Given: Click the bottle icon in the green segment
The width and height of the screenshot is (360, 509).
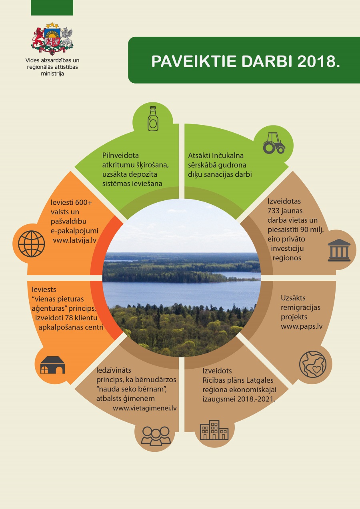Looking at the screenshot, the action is click(153, 119).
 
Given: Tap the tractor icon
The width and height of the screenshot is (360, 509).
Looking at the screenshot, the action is click(274, 143).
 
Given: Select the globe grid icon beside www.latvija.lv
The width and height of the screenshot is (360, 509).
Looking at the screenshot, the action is click(31, 244).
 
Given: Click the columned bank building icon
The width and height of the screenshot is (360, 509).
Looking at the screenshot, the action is click(339, 250).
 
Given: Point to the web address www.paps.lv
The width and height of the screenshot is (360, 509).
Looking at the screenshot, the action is click(302, 326).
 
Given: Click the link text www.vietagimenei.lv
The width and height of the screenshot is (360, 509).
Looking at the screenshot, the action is click(145, 408).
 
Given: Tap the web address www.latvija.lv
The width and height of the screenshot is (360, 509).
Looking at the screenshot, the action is click(75, 240).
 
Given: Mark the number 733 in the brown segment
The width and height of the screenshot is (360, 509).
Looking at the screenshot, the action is click(274, 211).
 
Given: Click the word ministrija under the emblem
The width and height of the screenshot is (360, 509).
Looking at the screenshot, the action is click(52, 74).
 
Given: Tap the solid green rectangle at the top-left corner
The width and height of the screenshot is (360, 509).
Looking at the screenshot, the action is click(52, 8).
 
